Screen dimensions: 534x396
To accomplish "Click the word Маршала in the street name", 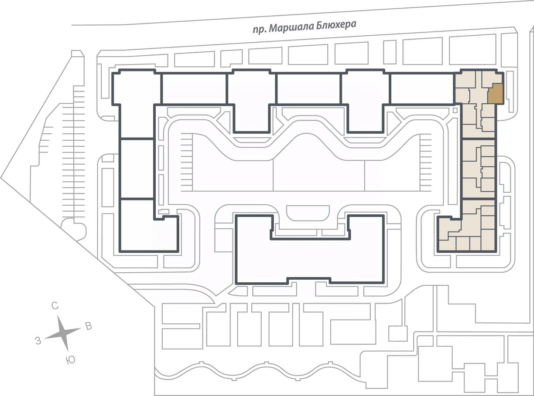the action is pos(290,27).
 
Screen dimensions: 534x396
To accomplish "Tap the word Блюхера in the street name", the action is pos(335,25).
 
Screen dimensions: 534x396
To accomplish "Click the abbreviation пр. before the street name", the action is pos(259,30).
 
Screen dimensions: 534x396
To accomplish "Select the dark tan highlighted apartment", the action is pos(496,94).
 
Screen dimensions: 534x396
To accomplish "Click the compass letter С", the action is pos(55,306).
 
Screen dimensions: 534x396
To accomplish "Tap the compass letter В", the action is pos(89,326).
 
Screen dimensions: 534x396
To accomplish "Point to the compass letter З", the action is pos(38,341).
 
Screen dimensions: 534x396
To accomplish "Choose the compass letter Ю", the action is pos(70,360).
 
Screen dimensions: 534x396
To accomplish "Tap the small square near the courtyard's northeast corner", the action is pos(455,110).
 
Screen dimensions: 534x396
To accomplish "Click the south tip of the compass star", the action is pos(68,351).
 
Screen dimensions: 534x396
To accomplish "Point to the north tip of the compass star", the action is pos(58,316).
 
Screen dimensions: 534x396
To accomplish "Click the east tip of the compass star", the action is pos(81,328).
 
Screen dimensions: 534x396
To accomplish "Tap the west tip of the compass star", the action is pos(45,338).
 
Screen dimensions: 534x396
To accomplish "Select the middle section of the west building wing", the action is pos(137,169).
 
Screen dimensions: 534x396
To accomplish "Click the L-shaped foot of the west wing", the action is pos(149,226).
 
